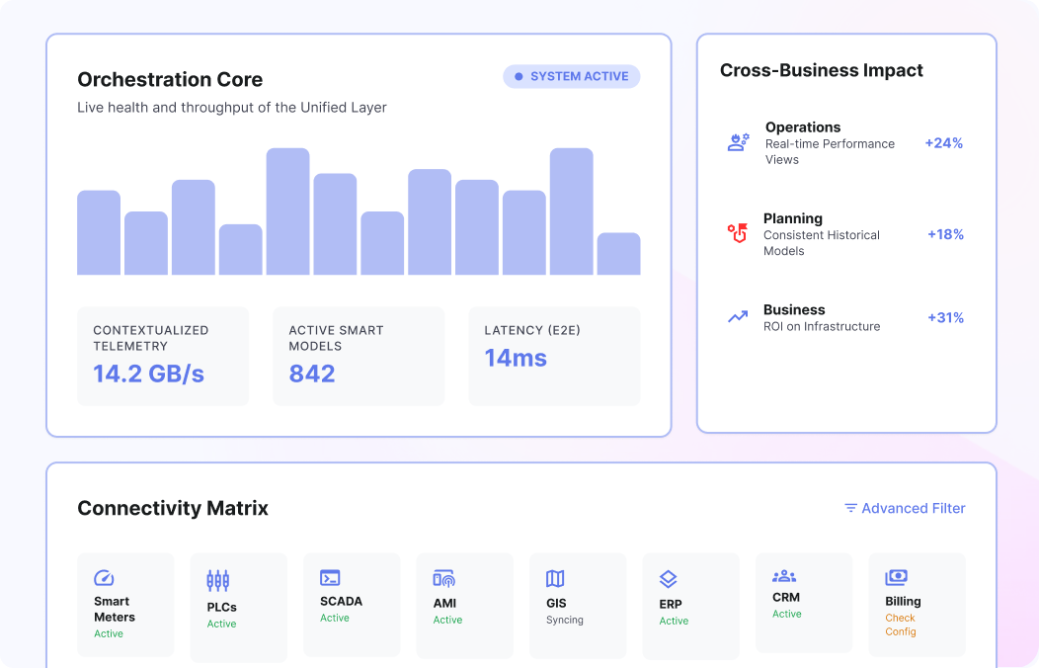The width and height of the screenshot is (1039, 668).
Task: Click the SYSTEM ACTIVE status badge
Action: click(x=572, y=76)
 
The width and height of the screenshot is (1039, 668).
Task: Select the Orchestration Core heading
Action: click(x=170, y=80)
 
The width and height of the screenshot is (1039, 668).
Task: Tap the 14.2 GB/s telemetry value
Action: click(x=148, y=374)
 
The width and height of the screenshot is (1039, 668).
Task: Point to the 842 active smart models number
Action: click(x=312, y=374)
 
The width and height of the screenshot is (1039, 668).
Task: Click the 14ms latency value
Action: click(x=516, y=358)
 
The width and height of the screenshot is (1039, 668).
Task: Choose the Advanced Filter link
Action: click(x=905, y=508)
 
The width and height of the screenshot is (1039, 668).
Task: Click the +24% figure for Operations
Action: click(x=943, y=143)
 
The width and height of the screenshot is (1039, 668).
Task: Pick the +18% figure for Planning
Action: click(x=945, y=234)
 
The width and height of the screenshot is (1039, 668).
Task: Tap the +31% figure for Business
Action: click(x=945, y=317)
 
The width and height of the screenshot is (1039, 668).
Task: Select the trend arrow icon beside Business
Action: click(x=738, y=317)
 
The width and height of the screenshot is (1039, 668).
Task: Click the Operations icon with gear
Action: click(x=738, y=142)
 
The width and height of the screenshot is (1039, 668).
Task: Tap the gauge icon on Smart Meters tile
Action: click(x=104, y=578)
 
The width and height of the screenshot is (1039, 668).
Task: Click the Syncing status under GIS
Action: click(x=565, y=621)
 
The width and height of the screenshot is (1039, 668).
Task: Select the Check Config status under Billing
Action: click(x=900, y=625)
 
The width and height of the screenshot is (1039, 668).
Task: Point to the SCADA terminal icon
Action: click(x=330, y=578)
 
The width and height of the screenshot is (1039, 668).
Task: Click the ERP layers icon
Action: click(x=669, y=579)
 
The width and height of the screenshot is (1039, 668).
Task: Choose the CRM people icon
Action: click(x=784, y=576)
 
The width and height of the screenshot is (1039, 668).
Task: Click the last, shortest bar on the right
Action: click(x=618, y=254)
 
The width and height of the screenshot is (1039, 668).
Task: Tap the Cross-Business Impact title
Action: click(x=821, y=71)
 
